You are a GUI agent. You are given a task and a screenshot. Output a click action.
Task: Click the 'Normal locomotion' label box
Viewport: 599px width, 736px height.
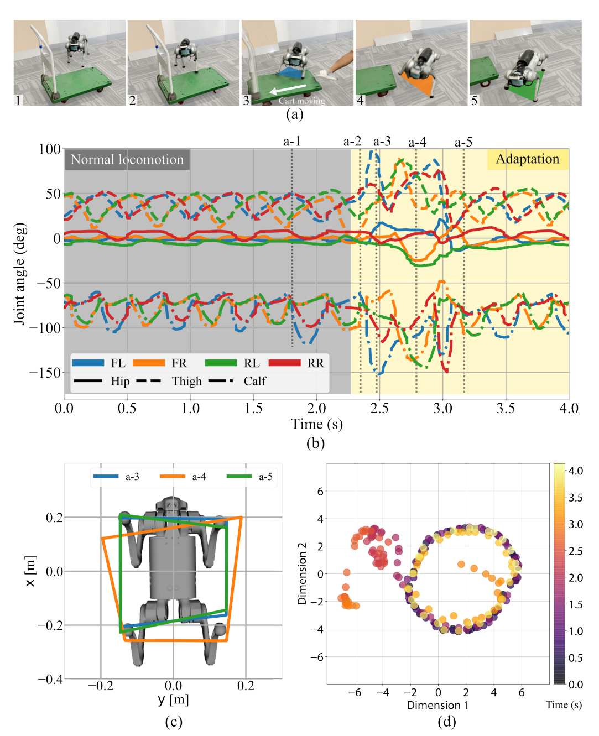(x=127, y=159)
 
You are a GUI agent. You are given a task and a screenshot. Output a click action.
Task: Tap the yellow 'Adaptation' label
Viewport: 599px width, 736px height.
(x=528, y=159)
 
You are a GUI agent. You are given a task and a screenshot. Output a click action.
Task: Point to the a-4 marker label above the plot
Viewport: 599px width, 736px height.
(x=417, y=142)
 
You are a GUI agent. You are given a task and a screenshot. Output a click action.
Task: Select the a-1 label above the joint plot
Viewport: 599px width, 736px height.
(x=291, y=142)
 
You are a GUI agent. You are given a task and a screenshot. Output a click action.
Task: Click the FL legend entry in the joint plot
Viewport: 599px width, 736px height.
(x=98, y=363)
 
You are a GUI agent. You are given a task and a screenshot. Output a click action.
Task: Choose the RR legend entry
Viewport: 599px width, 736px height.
(x=296, y=363)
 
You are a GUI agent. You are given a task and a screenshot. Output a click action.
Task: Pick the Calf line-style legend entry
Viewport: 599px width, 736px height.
(x=237, y=381)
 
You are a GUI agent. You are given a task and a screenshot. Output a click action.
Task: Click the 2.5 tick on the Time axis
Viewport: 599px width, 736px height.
(x=379, y=409)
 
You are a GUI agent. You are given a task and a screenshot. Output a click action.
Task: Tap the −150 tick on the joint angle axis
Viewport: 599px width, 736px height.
(x=45, y=373)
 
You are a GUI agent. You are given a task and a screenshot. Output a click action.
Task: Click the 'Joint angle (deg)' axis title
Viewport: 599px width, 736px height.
(x=20, y=274)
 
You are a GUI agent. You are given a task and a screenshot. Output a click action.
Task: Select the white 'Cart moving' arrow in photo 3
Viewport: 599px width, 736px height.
(x=288, y=89)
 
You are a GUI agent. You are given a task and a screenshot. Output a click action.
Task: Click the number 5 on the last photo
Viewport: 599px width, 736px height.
(x=474, y=100)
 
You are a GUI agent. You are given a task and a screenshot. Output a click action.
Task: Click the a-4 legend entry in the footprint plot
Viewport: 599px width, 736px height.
(x=183, y=477)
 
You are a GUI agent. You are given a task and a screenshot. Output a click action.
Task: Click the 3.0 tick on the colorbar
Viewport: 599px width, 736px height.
(x=576, y=525)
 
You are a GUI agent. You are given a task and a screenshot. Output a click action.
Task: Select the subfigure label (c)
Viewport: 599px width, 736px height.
(x=174, y=722)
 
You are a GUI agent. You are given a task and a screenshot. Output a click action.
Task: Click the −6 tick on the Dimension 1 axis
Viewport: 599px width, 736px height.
(x=355, y=692)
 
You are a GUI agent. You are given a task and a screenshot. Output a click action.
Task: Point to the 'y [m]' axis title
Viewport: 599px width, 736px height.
(x=174, y=700)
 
